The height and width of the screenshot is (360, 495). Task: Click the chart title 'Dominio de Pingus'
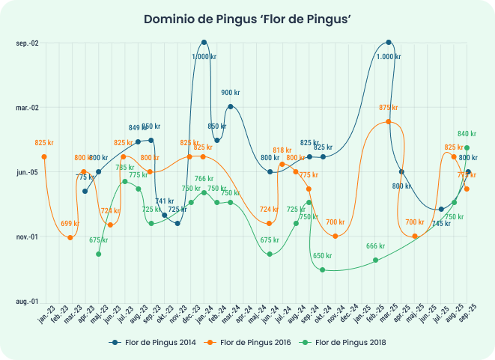click(247, 19)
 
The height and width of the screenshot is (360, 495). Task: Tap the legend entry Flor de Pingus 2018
click(350, 342)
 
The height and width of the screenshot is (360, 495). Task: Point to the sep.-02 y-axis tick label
click(27, 43)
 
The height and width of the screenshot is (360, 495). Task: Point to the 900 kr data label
click(231, 93)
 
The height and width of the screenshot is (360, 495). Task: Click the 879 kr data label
click(389, 108)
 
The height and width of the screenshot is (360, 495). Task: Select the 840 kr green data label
click(467, 134)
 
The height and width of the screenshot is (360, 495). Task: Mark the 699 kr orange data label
click(70, 224)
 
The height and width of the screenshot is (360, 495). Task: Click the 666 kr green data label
click(376, 246)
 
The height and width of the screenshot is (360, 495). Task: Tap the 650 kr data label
click(323, 256)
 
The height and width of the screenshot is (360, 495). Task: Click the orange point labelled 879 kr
click(389, 121)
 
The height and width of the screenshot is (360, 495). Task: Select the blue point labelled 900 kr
click(230, 106)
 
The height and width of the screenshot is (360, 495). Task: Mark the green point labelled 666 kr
click(376, 260)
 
